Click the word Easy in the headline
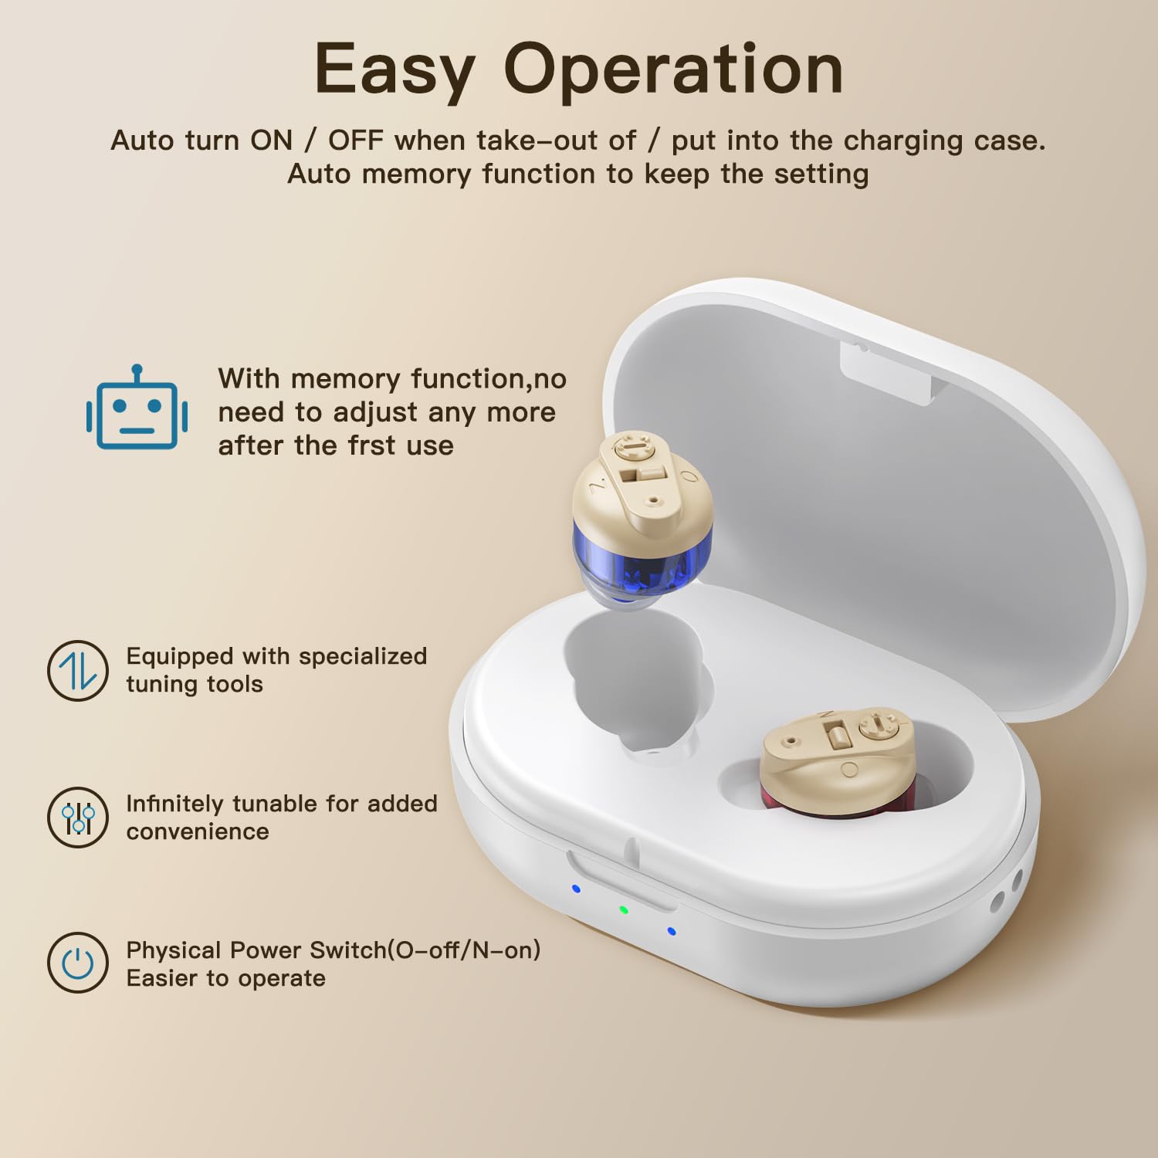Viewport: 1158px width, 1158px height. (394, 70)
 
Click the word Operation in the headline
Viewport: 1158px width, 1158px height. (673, 69)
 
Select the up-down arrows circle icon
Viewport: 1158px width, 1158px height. (77, 670)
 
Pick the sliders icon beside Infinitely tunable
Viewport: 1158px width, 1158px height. (77, 817)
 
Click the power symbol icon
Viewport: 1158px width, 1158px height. (77, 963)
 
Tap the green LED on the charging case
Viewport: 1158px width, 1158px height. (624, 909)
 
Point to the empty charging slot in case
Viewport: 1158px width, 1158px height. (633, 683)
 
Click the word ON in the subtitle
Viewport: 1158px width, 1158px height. (271, 141)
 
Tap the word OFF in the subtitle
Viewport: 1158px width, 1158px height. (356, 141)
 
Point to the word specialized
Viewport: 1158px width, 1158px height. (363, 657)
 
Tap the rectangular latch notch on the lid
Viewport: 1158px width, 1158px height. (888, 371)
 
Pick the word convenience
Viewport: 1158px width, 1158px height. (198, 832)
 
